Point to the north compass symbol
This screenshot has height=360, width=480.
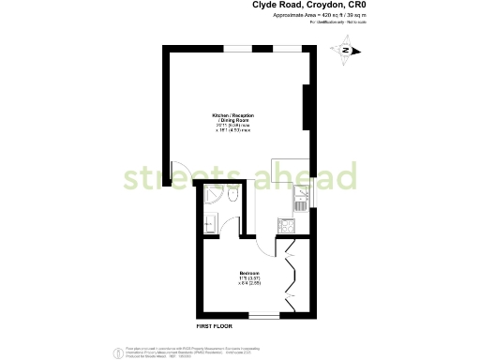pyautogui.click(x=346, y=51)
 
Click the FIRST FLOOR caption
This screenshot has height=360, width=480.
pyautogui.click(x=215, y=325)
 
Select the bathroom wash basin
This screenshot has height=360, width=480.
pyautogui.click(x=209, y=222)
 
